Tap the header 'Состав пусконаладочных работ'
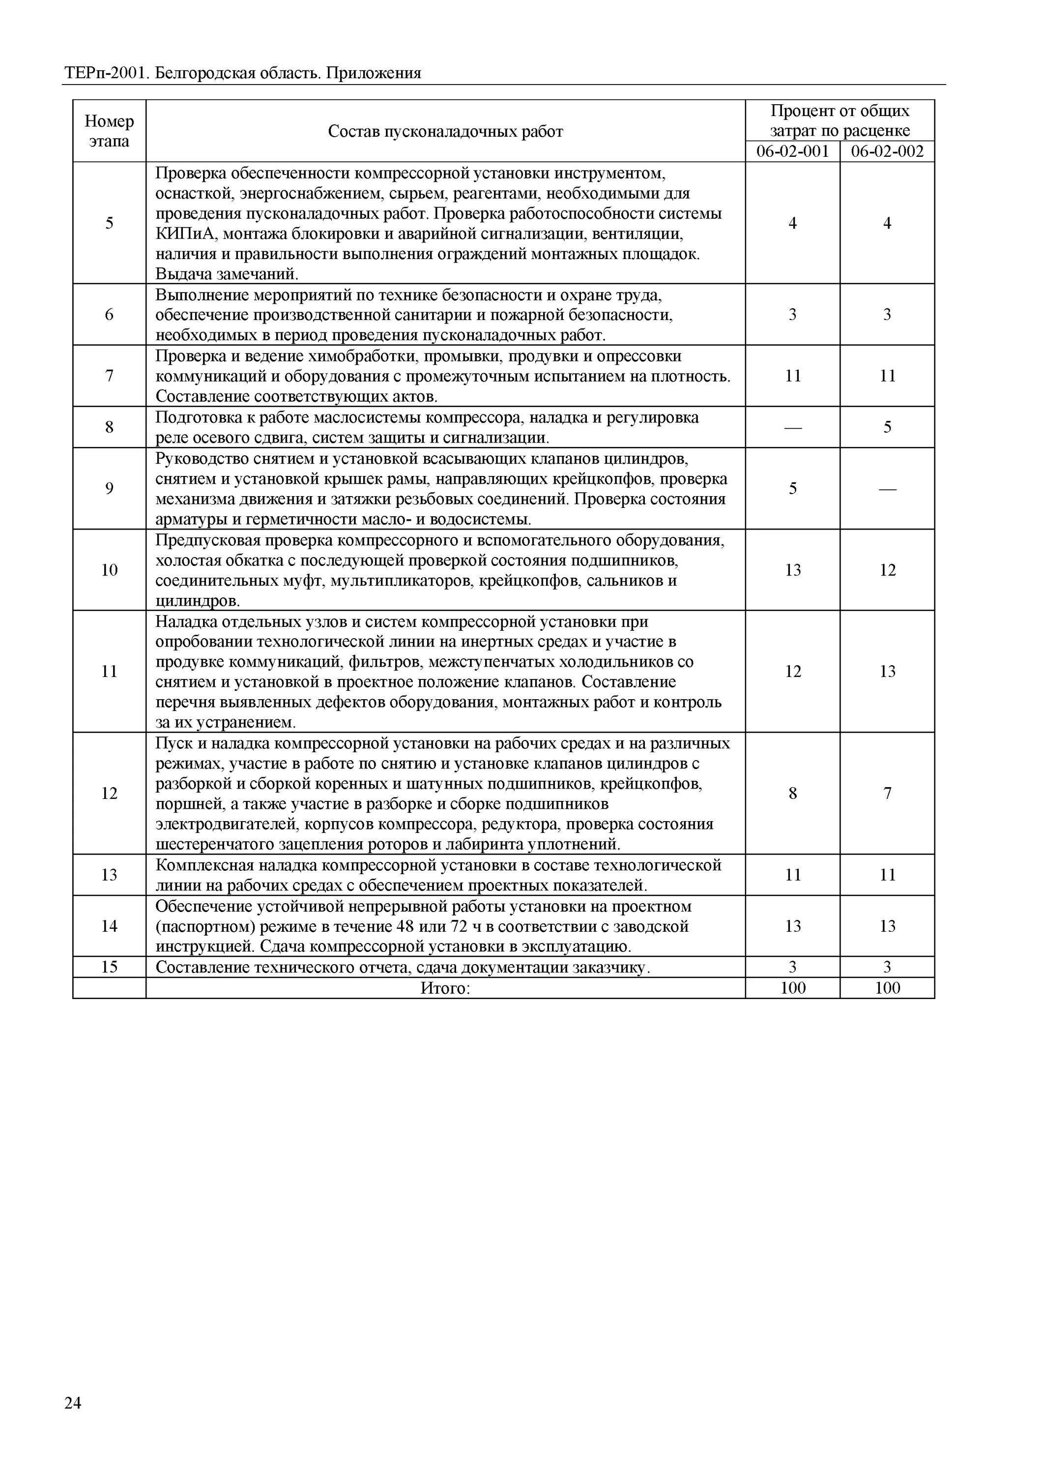point(445,132)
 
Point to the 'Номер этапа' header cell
point(109,131)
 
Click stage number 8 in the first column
point(109,427)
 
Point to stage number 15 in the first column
point(109,967)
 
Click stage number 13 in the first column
point(109,875)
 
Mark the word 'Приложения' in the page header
point(373,73)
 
